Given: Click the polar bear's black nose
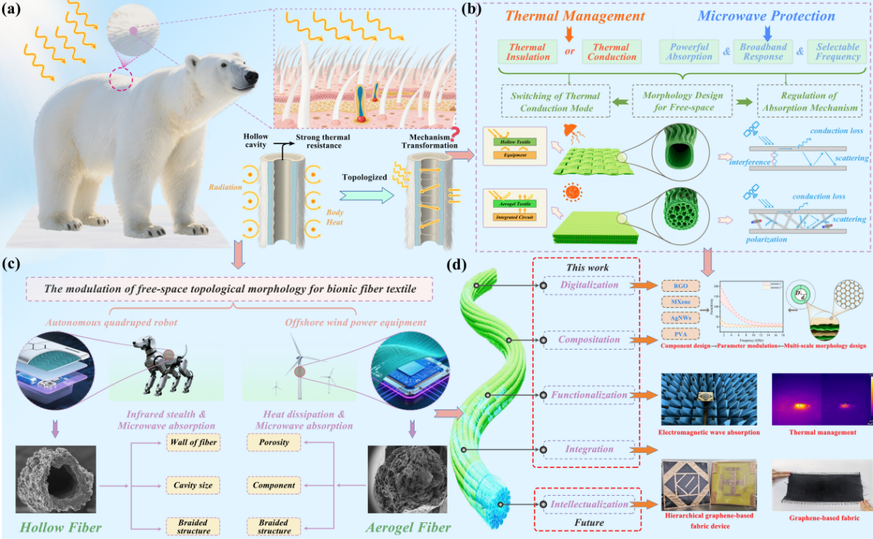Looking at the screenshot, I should click(252, 77).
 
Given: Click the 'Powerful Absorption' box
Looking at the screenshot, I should click(689, 52).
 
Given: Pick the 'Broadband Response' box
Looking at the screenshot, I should click(763, 52).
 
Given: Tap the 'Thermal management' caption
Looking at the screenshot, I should click(823, 432).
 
